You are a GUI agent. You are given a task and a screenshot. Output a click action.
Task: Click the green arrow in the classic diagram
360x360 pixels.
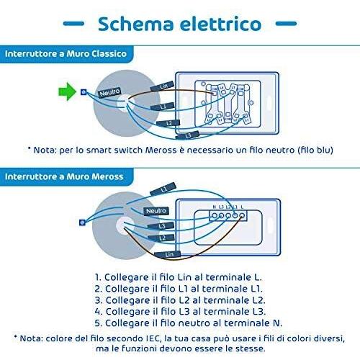[67, 91]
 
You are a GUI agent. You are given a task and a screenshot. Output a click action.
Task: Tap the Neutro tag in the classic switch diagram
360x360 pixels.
[109, 92]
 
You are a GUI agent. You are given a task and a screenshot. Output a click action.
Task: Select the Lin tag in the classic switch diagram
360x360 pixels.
[162, 86]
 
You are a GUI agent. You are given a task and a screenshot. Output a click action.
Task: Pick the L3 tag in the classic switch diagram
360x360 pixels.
[187, 135]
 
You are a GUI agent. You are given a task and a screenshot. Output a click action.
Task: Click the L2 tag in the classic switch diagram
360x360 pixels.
[168, 123]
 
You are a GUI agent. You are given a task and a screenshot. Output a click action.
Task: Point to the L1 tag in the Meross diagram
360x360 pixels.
[163, 189]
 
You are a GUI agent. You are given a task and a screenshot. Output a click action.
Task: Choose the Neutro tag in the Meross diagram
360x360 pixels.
[156, 211]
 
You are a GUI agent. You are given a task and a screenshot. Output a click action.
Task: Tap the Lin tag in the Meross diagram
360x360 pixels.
[168, 254]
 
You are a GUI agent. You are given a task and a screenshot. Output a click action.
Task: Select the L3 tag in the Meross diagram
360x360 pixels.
[161, 226]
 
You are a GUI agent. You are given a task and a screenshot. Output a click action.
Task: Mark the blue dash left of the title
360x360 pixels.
[73, 24]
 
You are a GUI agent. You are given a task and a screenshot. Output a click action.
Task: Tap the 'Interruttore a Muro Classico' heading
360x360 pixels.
[66, 53]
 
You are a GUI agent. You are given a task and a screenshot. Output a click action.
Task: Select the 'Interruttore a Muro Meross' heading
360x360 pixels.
[64, 176]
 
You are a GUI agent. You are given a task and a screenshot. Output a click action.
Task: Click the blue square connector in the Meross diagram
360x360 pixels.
[82, 222]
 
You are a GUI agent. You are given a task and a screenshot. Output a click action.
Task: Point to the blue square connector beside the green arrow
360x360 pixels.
[84, 92]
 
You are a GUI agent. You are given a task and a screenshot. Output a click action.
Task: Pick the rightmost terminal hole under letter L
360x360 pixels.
[242, 215]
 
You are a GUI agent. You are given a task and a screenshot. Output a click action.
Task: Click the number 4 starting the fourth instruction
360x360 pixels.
[98, 312]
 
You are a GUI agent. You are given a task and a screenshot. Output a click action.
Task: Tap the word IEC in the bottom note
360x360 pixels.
[153, 338]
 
